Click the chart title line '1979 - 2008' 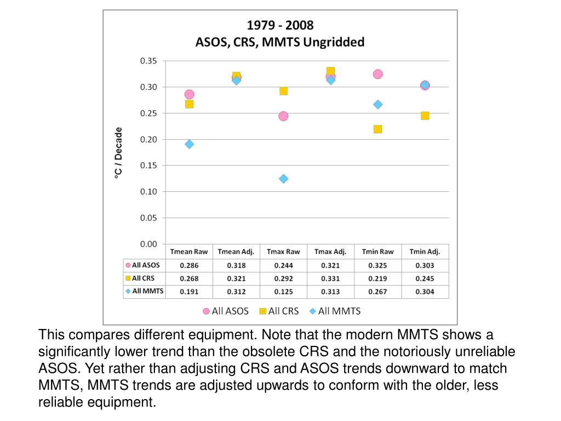click(x=280, y=25)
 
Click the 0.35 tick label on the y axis click(x=148, y=61)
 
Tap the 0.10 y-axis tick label click(x=148, y=192)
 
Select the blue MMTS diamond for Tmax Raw click(x=283, y=179)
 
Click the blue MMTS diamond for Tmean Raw click(x=189, y=144)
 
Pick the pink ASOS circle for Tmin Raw click(x=377, y=74)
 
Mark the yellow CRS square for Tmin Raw click(x=377, y=129)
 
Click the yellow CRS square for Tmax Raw click(x=283, y=91)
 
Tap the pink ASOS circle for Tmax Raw click(x=283, y=116)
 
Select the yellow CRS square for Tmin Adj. click(x=425, y=116)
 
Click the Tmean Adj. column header click(x=236, y=252)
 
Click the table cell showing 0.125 click(x=283, y=292)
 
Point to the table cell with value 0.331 click(x=330, y=278)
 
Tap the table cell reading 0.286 click(x=189, y=265)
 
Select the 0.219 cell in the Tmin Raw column click(x=377, y=278)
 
